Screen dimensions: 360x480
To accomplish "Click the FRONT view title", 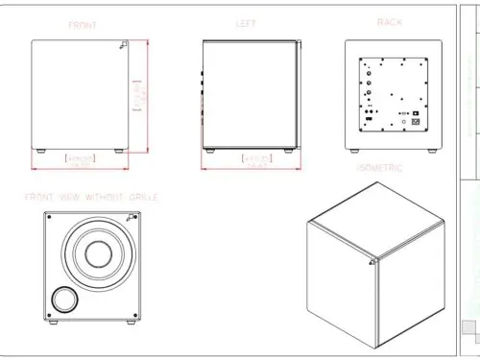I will point(82,25).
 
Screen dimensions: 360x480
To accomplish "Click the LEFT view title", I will point(246,24).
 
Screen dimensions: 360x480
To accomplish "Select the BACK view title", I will point(391,22).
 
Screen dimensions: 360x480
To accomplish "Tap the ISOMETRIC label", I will point(379,168).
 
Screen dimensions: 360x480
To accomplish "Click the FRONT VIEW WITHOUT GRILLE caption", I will point(92,197).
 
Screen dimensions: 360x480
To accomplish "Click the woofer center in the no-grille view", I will point(96,253).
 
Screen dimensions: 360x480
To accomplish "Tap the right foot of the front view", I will point(118,151).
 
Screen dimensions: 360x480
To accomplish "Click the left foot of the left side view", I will point(210,151).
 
